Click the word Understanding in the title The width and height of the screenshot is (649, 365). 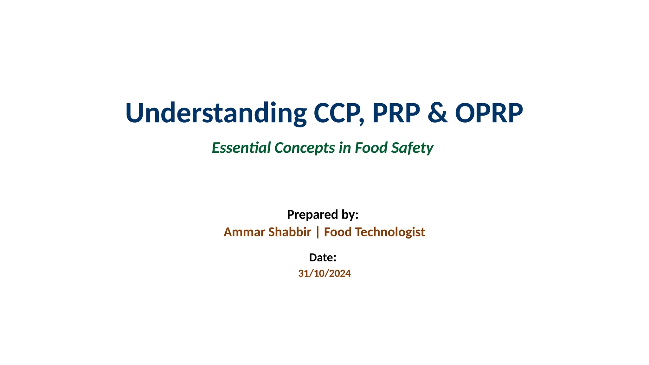[x=216, y=113]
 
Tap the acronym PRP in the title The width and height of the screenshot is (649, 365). [x=396, y=113]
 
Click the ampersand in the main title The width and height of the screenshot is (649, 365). [x=438, y=113]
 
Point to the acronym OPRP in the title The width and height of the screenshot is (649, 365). [x=489, y=113]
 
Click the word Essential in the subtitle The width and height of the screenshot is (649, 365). [x=241, y=148]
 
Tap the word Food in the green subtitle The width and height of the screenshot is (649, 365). [x=371, y=148]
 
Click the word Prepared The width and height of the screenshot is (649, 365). [x=312, y=215]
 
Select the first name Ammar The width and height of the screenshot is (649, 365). [x=244, y=232]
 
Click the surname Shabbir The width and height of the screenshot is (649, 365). [x=290, y=232]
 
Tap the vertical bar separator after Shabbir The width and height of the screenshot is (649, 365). [x=318, y=232]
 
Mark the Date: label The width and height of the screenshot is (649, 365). [x=323, y=258]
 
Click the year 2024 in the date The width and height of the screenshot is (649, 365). [x=340, y=273]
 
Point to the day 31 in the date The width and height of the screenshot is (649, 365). [x=303, y=273]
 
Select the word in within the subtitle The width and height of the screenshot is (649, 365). [x=345, y=148]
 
